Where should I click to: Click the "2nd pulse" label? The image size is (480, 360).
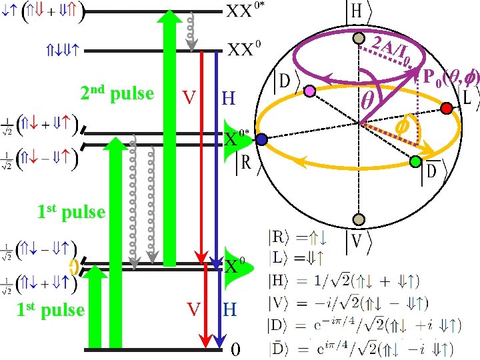[117, 93]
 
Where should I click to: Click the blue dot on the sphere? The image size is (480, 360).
[262, 139]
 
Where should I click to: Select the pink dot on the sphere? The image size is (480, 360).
[309, 91]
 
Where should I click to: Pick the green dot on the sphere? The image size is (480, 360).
[416, 161]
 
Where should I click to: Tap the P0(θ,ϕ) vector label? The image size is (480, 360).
[451, 77]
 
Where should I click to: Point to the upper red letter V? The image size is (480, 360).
[189, 98]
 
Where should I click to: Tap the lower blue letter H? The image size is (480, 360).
[230, 309]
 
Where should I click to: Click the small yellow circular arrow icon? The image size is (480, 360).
[75, 267]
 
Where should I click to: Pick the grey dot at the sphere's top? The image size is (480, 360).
[359, 39]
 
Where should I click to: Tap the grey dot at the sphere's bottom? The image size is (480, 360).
[359, 219]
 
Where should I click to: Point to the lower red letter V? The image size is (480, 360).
[193, 309]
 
